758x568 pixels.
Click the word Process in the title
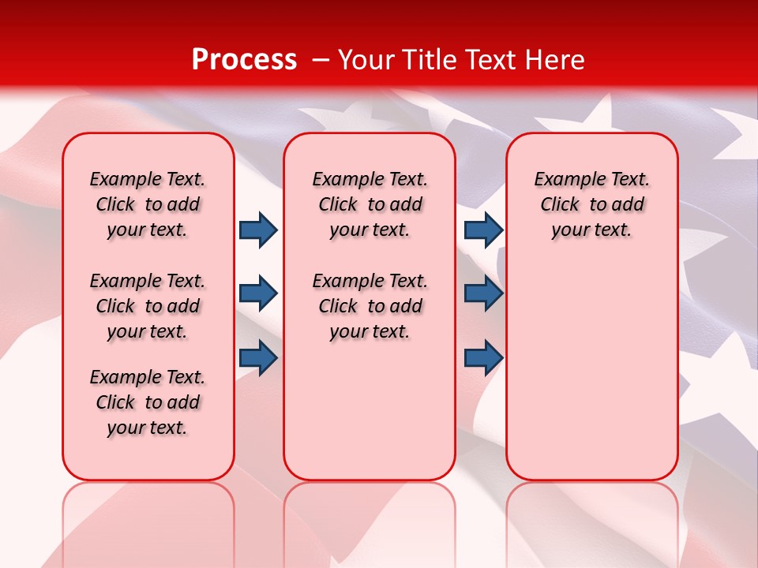point(244,60)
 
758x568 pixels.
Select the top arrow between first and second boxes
point(258,230)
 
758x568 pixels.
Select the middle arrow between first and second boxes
point(258,293)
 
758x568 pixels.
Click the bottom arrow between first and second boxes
point(258,357)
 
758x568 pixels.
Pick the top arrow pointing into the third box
point(483,230)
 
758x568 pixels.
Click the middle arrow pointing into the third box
point(483,293)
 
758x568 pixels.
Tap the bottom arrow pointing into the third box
point(483,357)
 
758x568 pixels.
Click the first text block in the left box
point(148,204)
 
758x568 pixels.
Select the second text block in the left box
point(148,306)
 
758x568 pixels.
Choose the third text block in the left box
point(148,402)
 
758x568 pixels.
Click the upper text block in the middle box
point(370,204)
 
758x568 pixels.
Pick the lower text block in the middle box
point(370,306)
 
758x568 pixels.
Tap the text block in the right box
point(591,204)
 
